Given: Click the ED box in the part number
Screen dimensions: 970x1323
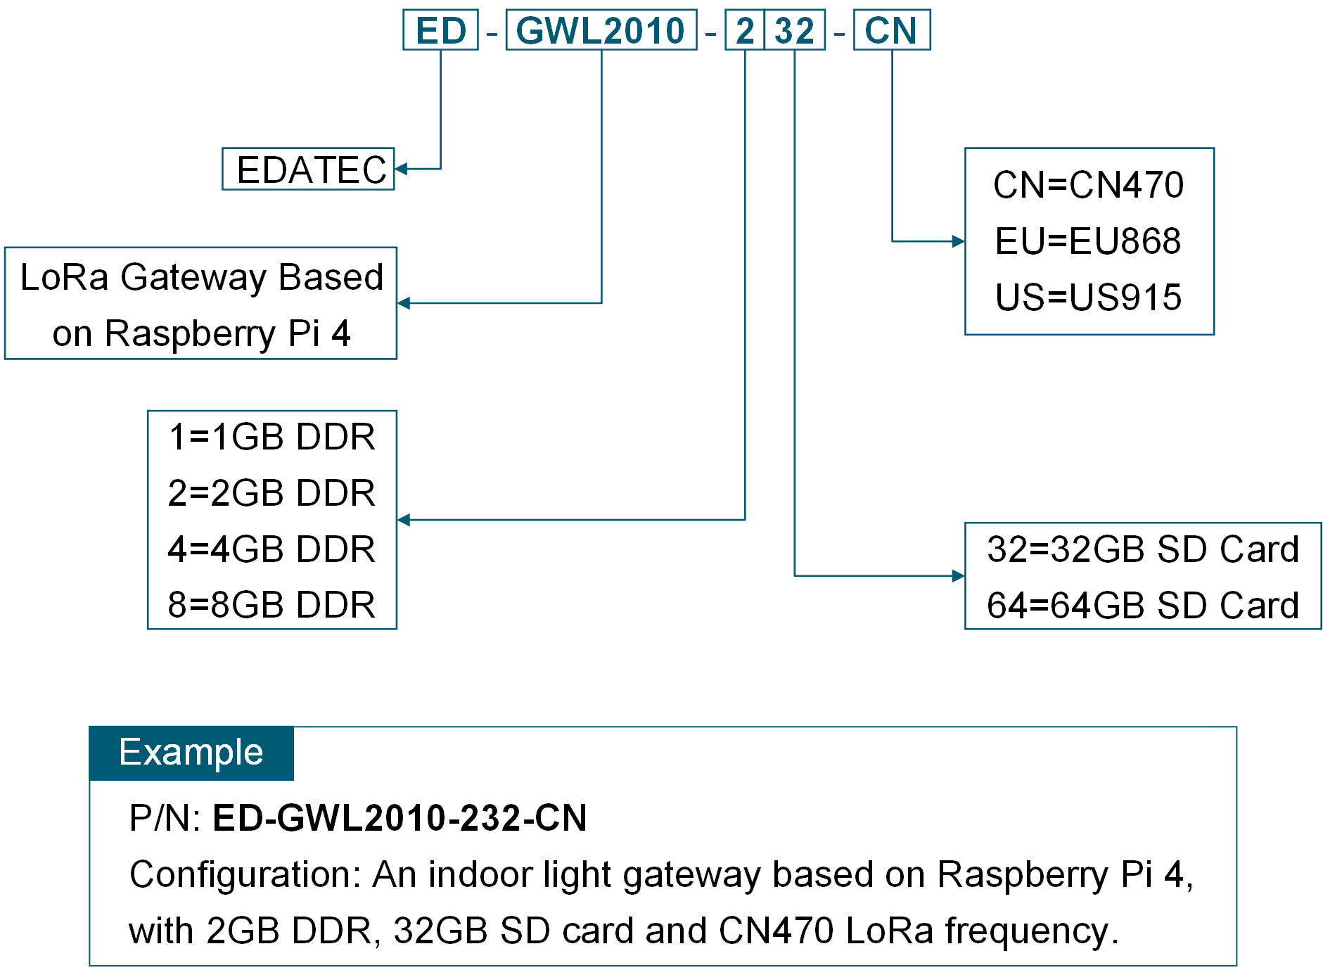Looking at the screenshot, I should coord(440,30).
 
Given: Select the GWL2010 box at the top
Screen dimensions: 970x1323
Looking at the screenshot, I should coord(601,30).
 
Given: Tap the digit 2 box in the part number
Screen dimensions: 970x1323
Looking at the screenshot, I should coord(744,30).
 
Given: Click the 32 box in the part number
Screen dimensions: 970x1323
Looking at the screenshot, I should coord(794,30).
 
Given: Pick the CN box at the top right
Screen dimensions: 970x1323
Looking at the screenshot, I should coord(891,30).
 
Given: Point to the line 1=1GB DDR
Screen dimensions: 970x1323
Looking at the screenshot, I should coord(271,437).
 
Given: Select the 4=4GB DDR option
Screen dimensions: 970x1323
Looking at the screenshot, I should coord(271,549).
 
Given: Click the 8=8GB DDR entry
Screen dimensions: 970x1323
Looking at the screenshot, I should coord(271,605).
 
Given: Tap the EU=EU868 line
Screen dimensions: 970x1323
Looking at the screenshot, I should coord(1088,241).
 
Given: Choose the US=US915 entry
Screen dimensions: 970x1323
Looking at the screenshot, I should coord(1088,297).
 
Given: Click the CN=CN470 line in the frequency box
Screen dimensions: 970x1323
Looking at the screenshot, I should coord(1088,185).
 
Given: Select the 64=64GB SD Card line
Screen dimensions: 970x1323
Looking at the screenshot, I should coord(1142,605).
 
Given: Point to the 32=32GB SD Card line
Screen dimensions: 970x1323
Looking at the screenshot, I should coord(1142,549).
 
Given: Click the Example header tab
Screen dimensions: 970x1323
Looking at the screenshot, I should coord(191,753).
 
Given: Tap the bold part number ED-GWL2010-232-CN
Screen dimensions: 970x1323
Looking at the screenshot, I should coord(400,818).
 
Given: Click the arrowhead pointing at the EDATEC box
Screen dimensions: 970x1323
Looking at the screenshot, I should coord(402,169).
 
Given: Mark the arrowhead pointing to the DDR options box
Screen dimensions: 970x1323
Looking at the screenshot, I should coord(404,520).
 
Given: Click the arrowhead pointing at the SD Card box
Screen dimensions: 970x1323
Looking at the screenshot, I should coord(958,576).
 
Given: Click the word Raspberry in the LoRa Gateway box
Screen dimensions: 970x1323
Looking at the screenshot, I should coord(190,333).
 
